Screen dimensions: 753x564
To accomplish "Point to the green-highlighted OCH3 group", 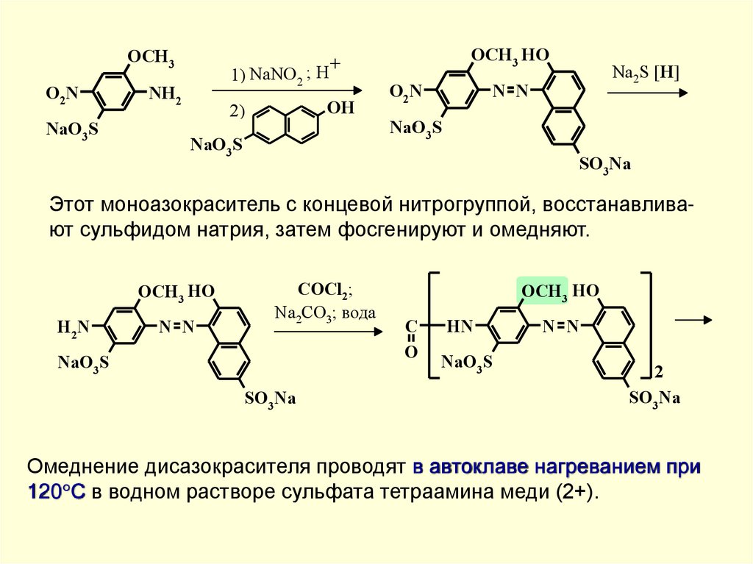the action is pyautogui.click(x=543, y=291).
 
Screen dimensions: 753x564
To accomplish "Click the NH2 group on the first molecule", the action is pyautogui.click(x=164, y=94).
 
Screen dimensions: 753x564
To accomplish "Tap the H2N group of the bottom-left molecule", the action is pyautogui.click(x=74, y=326).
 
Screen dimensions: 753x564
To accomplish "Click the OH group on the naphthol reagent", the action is pyautogui.click(x=340, y=109).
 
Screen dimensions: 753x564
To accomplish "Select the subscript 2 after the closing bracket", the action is pyautogui.click(x=659, y=373).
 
